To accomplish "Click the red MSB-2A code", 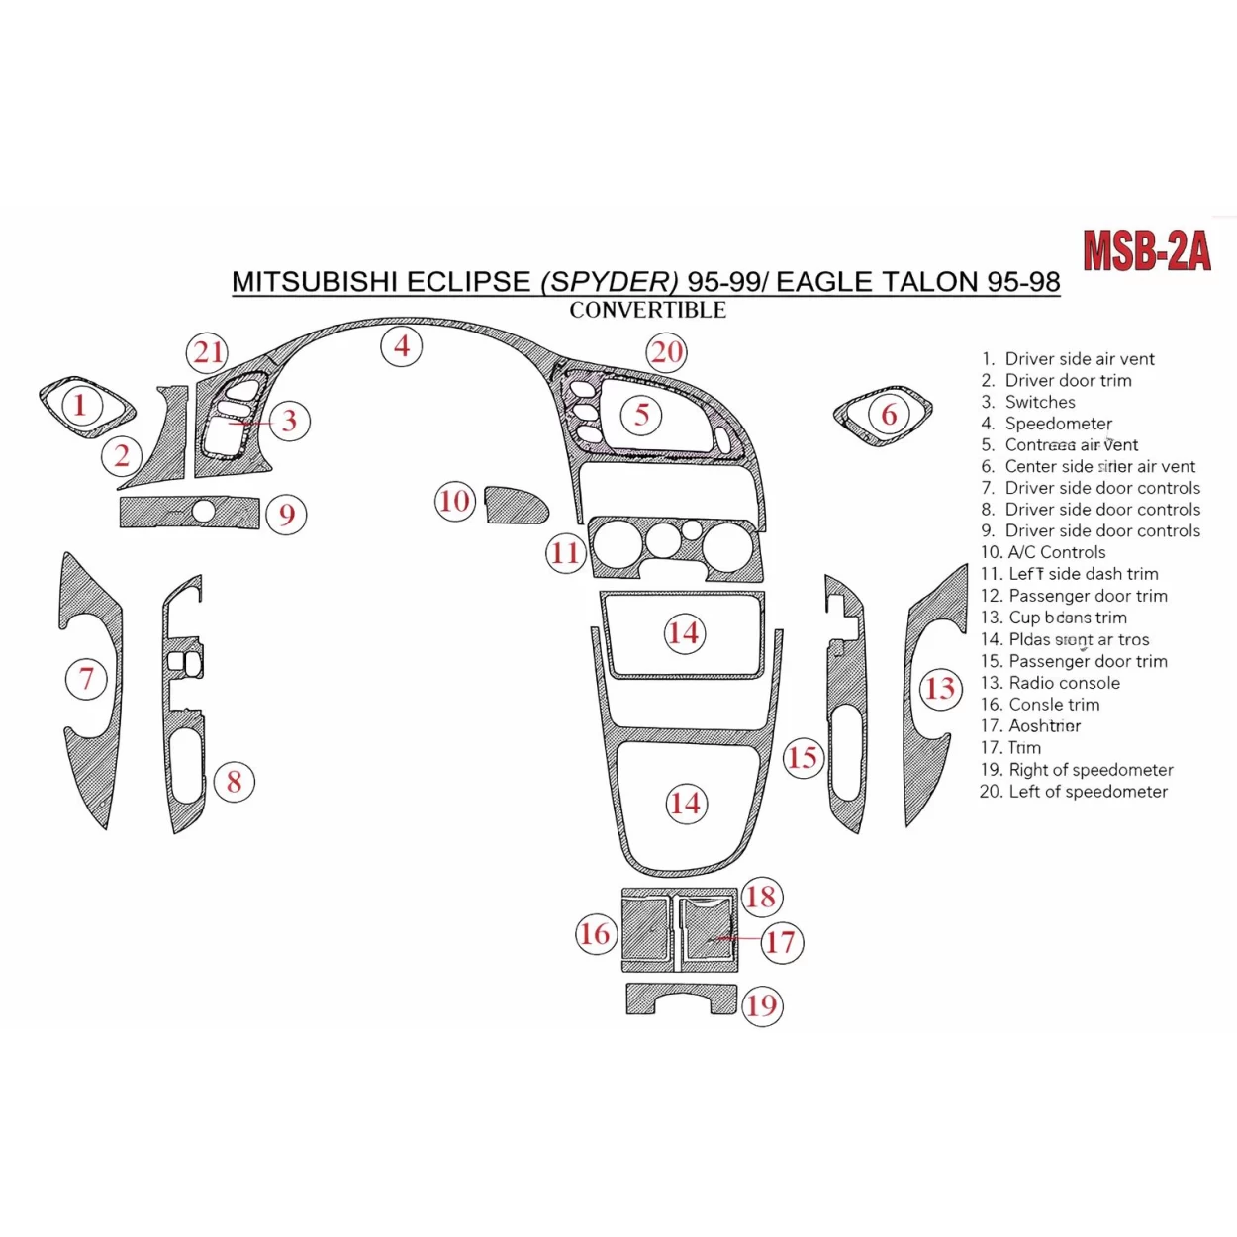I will tap(1146, 251).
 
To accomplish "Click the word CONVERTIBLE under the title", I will tap(647, 310).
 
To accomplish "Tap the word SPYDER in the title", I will tap(610, 282).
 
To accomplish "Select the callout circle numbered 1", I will tap(80, 404).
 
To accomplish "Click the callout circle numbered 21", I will tap(208, 352).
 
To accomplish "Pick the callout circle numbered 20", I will tap(666, 352).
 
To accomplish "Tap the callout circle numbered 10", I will tap(454, 501).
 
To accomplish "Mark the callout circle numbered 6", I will tap(889, 414).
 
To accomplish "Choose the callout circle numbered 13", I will tap(939, 689).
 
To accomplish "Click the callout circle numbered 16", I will tap(595, 934).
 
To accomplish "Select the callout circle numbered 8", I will tap(234, 782).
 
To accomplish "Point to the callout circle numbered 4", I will tap(402, 346).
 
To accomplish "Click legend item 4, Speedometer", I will tap(1057, 424).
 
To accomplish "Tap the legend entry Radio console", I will tap(1063, 683).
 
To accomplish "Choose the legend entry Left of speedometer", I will tap(1087, 792).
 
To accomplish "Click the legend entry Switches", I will tap(1039, 402).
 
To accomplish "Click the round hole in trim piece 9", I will tap(204, 512).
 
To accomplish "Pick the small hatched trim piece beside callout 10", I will tap(516, 505).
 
